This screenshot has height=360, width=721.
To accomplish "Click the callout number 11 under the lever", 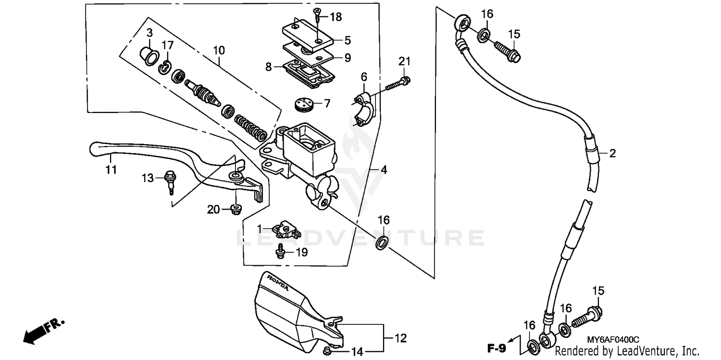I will point(111,170).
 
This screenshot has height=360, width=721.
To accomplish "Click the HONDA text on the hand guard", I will point(278,283).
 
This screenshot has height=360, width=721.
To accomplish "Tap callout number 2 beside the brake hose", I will point(612,154).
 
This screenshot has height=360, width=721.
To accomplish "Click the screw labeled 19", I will point(280,251).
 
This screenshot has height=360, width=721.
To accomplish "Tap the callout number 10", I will point(219,50).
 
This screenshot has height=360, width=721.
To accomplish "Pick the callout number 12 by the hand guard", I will point(401,338).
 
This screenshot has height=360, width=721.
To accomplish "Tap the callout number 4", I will point(384,170).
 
